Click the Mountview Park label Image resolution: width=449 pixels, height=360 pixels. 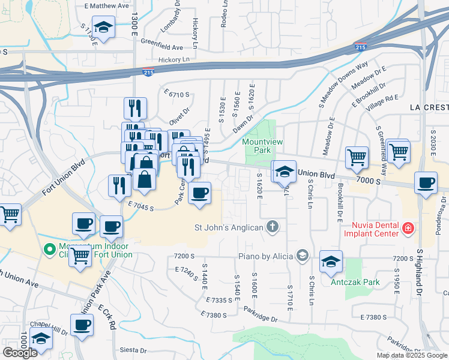[x=259, y=146]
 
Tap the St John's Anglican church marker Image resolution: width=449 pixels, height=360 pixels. [x=273, y=227]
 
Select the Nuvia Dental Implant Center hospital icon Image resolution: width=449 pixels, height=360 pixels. [x=408, y=228]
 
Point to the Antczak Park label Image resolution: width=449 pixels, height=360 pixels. [x=351, y=281]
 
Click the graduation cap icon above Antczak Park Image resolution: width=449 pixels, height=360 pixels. [x=331, y=262]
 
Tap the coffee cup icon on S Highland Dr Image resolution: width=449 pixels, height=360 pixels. [x=426, y=182]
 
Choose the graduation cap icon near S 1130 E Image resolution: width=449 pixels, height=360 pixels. [x=104, y=28]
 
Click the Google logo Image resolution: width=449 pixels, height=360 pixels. [x=20, y=353]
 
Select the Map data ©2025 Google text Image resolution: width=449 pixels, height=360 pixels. [x=411, y=355]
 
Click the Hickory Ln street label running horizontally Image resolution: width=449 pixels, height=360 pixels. [x=174, y=59]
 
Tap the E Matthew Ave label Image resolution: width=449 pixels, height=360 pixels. [x=107, y=5]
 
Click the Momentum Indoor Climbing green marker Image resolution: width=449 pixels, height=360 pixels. [x=48, y=247]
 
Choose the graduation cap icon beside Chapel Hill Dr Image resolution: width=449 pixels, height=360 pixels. [x=41, y=339]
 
